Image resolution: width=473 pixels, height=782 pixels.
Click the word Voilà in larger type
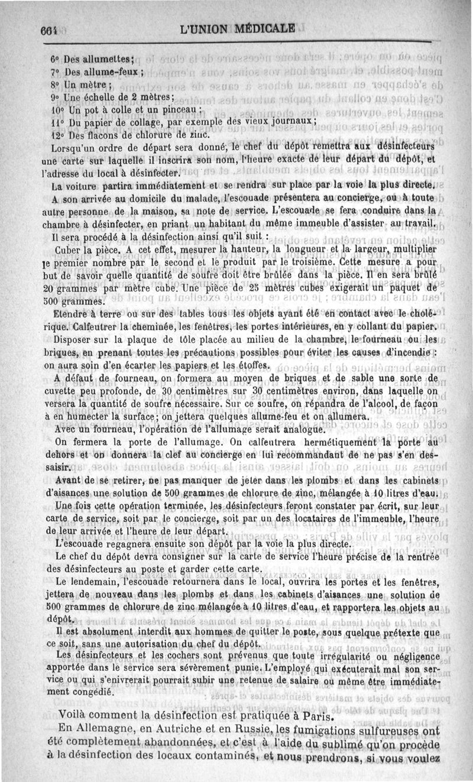click(70, 714)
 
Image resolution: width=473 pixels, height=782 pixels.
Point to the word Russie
click(254, 728)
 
